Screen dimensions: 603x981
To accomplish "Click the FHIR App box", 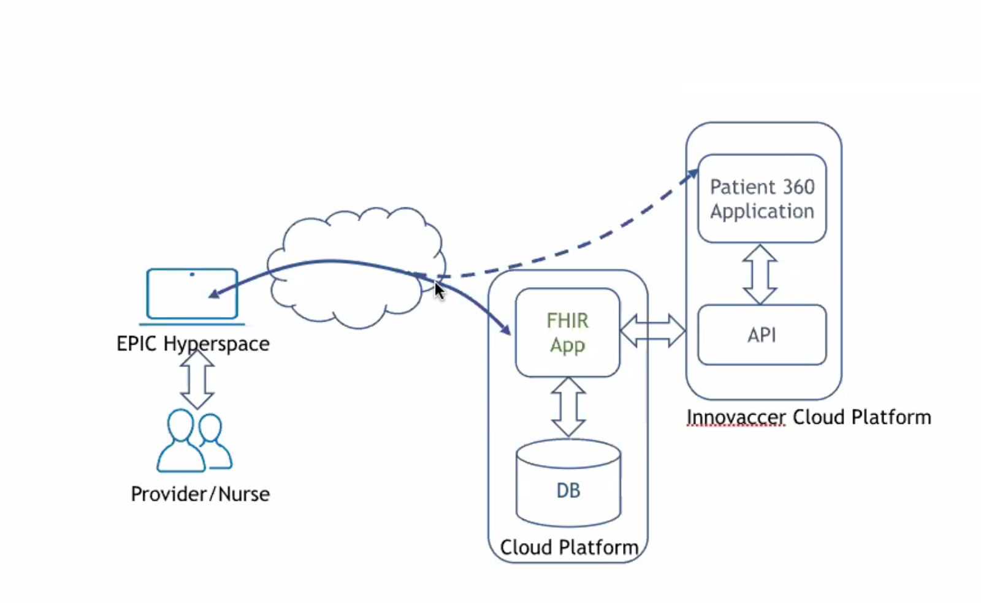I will (568, 332).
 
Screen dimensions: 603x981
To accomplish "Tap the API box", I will (762, 335).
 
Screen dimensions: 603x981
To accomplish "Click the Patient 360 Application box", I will (762, 199).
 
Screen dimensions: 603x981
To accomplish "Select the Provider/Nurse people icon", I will (194, 441).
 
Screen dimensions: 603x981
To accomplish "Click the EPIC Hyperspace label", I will (193, 344).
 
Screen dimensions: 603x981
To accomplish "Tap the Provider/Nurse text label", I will (200, 494).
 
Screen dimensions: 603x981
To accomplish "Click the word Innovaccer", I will (735, 417).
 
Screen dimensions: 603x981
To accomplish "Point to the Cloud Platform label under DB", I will (569, 547).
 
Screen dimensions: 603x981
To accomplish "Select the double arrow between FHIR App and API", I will (652, 331).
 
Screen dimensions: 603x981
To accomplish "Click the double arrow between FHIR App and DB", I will (568, 407).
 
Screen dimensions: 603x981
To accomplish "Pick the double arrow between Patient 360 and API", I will (760, 274).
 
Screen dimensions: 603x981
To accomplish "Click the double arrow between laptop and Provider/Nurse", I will (197, 379).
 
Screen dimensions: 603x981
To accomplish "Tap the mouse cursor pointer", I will (439, 290).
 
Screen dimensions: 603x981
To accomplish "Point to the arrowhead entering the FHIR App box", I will (506, 330).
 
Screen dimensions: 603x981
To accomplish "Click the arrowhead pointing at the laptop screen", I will (213, 295).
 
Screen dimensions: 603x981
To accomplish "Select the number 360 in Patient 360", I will (799, 186).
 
